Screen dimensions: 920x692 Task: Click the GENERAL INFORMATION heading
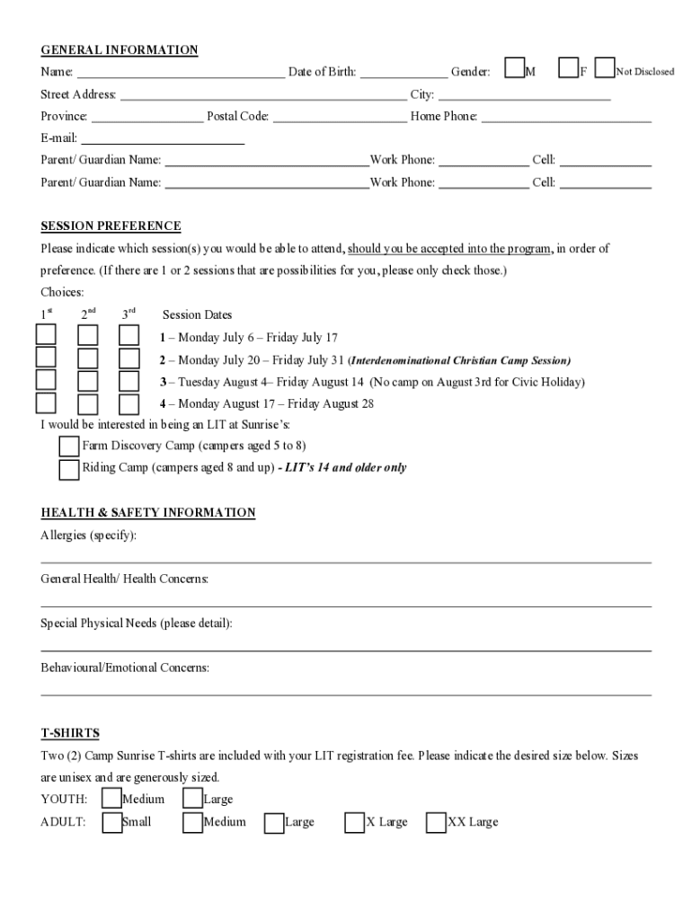point(119,50)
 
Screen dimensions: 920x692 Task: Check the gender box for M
point(515,69)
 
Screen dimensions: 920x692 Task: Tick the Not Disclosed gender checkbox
point(606,69)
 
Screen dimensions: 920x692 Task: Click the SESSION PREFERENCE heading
point(111,226)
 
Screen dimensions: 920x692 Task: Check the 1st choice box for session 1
point(46,336)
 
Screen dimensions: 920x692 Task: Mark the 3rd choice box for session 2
point(129,358)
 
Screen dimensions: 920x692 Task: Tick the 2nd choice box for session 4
point(88,404)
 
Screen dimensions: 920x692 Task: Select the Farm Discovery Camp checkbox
point(68,447)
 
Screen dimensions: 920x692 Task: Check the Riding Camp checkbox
point(68,469)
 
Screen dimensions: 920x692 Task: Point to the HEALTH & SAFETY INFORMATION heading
point(148,513)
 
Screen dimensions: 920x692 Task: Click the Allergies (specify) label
point(89,535)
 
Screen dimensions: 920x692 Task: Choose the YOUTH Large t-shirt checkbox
point(192,799)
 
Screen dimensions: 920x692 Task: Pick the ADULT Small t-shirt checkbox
point(112,822)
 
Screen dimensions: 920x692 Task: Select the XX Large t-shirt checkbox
point(435,822)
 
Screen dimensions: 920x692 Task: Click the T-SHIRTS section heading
point(70,733)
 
